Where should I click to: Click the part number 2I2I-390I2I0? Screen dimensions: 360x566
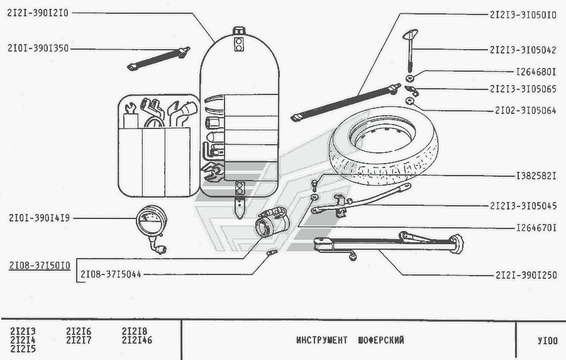pos(40,13)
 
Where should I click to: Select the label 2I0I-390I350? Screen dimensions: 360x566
pos(39,47)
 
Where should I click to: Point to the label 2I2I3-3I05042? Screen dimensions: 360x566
pos(523,49)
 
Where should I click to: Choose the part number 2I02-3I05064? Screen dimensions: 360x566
pos(526,111)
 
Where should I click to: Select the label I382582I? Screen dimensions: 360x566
pos(535,176)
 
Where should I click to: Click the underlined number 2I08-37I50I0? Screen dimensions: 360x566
pos(40,265)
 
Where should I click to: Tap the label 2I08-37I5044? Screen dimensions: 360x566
pos(111,274)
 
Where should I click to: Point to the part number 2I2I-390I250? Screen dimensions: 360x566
pos(526,275)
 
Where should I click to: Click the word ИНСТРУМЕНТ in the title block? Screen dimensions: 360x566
pos(321,340)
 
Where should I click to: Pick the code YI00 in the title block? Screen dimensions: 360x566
pos(547,340)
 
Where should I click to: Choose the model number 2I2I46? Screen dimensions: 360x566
pos(137,340)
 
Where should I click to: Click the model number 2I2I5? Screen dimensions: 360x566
pos(23,349)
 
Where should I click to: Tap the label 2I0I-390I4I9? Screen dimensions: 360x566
pos(39,219)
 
